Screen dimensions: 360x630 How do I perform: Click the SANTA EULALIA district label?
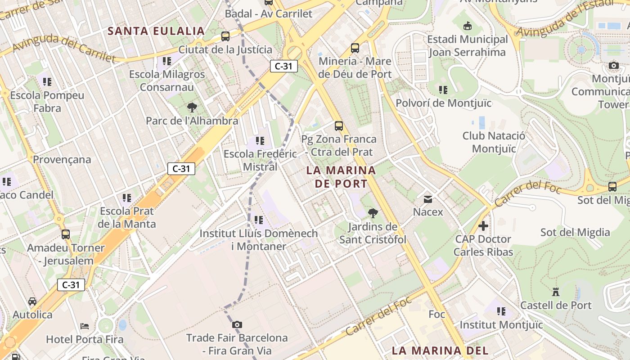156,31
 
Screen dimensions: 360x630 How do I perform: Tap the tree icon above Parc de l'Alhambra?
192,108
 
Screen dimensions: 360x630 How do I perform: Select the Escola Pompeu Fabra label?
47,102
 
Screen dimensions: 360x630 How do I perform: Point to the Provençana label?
62,159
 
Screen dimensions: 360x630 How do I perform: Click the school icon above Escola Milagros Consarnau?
167,61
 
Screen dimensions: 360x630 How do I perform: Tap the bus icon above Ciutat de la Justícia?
225,36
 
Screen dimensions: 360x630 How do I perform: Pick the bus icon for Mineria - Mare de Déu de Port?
355,48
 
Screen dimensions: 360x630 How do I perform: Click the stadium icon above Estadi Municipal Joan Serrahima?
468,26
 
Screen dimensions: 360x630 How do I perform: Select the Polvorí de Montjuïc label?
443,103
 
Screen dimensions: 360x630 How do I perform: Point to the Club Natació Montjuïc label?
494,142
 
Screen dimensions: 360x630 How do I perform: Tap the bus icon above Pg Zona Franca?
339,126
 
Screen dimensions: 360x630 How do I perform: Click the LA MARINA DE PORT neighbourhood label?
341,177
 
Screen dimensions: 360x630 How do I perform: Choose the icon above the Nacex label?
428,198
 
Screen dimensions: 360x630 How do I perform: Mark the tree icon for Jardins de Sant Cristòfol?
373,213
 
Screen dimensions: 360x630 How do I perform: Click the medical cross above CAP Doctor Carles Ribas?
483,225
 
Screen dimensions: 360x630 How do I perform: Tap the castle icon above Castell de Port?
556,292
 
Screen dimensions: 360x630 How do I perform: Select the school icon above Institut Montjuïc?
501,311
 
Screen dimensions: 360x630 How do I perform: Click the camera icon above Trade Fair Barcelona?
237,324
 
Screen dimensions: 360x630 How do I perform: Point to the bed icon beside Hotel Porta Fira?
85,326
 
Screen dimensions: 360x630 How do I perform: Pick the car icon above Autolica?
32,301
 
